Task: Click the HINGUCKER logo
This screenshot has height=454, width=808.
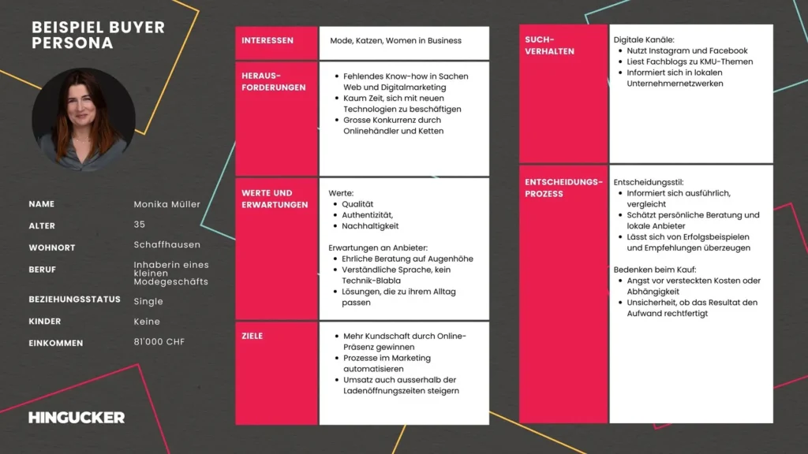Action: (77, 418)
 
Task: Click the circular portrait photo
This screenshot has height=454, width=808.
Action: (84, 119)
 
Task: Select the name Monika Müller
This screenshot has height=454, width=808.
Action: (167, 204)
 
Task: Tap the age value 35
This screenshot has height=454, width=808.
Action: (139, 225)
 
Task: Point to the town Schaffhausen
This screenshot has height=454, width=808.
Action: (167, 245)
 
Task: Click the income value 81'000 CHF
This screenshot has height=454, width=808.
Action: (159, 342)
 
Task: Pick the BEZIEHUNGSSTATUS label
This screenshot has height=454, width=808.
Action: (75, 300)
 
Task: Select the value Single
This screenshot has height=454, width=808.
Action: (148, 302)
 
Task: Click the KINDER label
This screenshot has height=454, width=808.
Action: (45, 322)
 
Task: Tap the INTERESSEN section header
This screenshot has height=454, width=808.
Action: (267, 41)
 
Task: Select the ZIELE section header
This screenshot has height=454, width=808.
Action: (252, 336)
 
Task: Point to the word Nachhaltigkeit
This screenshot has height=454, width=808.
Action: (370, 226)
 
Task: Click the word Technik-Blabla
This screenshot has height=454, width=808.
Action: (371, 281)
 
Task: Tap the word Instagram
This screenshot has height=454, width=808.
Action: (669, 51)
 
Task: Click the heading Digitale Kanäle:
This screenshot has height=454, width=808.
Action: (644, 40)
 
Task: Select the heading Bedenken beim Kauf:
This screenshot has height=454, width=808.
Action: (654, 270)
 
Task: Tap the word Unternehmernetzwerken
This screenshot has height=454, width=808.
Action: (675, 84)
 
